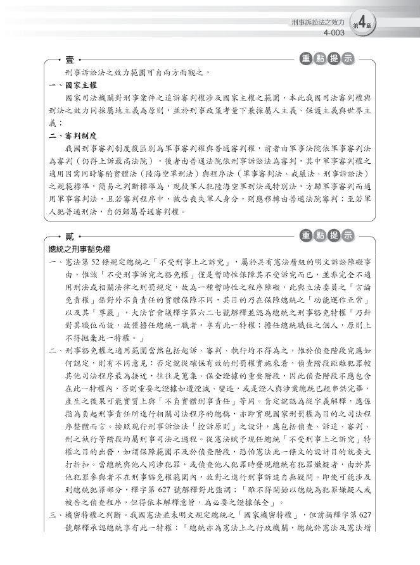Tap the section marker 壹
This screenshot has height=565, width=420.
coord(69,60)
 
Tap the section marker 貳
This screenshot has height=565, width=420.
coord(69,236)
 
